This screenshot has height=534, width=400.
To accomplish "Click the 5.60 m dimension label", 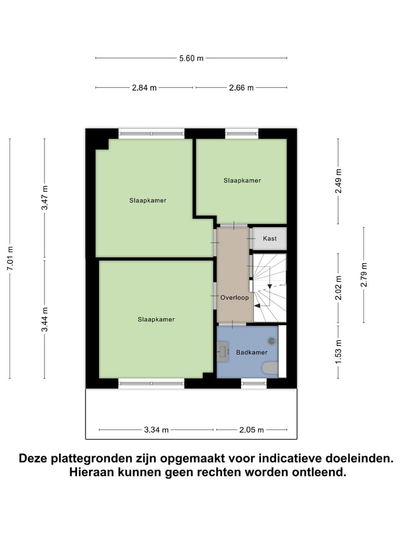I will point(191,58).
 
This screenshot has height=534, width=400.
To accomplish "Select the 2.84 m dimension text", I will point(144,87).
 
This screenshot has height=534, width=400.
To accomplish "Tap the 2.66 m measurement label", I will point(241,87).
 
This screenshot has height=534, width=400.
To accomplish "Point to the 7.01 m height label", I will point(9,258).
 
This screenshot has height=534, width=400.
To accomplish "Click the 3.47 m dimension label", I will point(45,197).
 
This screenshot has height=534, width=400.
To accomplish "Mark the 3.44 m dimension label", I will point(45,319).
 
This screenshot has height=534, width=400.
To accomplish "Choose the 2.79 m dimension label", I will point(364,274).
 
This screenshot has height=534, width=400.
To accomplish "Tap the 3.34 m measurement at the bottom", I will point(156,429).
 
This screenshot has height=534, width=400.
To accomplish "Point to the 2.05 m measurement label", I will point(252,429).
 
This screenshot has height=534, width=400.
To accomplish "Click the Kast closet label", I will point(270,238).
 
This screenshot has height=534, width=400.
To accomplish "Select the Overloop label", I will point(233,298).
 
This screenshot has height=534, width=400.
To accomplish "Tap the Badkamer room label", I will point(252,352).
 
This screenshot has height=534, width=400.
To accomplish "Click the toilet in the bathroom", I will point(269,368).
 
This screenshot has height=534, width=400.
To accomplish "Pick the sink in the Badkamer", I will point(223,352).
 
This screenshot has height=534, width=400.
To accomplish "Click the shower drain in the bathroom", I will point(272,340).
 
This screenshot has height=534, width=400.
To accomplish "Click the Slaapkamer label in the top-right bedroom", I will point(242,180).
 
